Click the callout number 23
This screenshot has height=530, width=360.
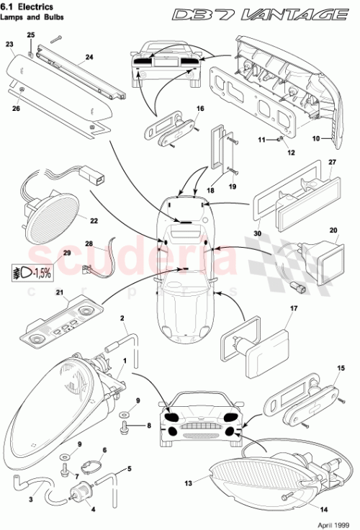tap(9, 44)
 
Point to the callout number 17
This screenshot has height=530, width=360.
tap(293, 310)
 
